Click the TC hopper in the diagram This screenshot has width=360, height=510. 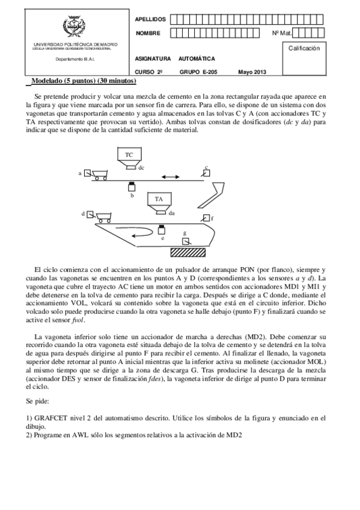129,156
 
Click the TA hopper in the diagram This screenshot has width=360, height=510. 159,200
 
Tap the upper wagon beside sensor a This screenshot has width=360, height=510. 99,174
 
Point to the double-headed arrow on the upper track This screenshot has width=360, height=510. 170,176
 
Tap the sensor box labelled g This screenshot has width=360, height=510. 186,241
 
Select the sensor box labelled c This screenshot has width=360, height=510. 206,173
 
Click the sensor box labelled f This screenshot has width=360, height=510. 206,218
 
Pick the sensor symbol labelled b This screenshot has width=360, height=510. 131,187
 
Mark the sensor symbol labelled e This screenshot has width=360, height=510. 161,230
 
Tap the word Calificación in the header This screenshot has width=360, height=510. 304,47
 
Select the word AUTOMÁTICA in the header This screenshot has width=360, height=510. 197,59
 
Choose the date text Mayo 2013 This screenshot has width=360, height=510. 251,72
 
